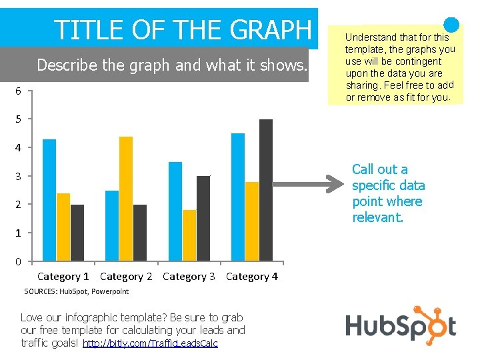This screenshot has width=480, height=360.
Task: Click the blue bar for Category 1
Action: tap(49, 200)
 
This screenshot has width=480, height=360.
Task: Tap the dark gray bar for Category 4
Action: tap(266, 190)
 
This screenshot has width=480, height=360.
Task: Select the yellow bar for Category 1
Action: tap(63, 227)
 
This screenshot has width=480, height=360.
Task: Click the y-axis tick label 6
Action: tap(19, 91)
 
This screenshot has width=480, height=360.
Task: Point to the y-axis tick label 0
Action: tap(19, 261)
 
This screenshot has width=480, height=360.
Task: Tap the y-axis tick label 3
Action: tap(19, 176)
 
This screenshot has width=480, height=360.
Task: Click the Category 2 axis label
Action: tap(126, 276)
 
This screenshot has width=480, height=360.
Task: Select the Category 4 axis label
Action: tap(252, 276)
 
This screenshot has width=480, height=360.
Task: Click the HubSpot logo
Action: tap(401, 325)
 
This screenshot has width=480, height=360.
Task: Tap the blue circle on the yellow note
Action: tap(451, 25)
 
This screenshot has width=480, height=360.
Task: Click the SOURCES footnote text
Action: tap(76, 291)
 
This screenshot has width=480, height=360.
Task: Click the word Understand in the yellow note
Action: tap(371, 37)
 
